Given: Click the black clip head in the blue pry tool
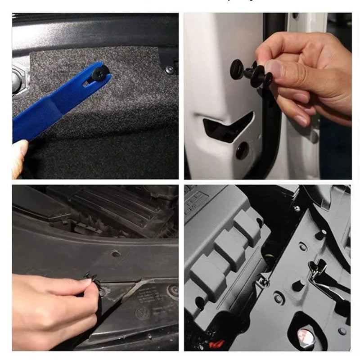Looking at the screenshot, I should click(x=98, y=72).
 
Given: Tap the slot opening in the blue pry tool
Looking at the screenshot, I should click(x=87, y=82).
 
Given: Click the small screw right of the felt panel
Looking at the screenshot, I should click(x=170, y=69).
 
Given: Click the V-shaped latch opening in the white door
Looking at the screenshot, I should click(x=227, y=127).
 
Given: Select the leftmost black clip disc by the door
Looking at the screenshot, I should click(x=237, y=69).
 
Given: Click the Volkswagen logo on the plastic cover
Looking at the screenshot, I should click(x=143, y=314).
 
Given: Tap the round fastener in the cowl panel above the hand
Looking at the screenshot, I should click(x=116, y=254).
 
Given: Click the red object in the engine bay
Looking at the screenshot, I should click(x=218, y=344).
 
